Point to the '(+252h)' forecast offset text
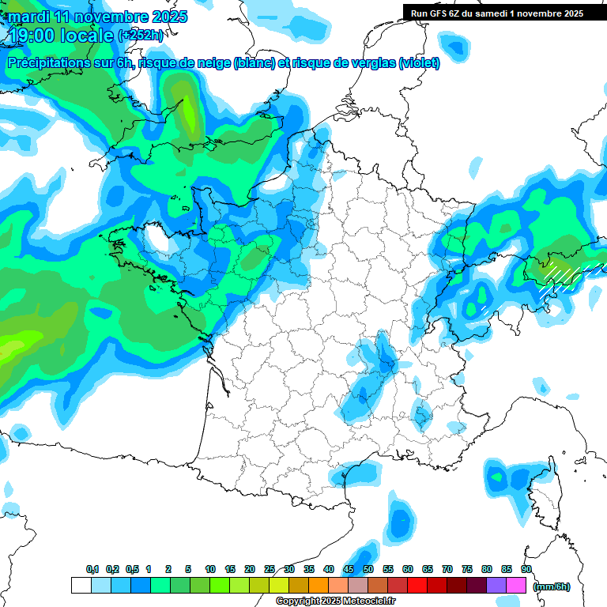pos(140,36)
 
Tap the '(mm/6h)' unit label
pos(552,586)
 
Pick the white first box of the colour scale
pos(81,586)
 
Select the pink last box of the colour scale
pos(516,586)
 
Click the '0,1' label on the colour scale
pos(92,570)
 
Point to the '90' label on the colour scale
pos(526,570)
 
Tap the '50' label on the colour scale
pos(368,570)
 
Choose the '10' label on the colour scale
pos(210,570)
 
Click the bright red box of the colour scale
pos(417,586)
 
